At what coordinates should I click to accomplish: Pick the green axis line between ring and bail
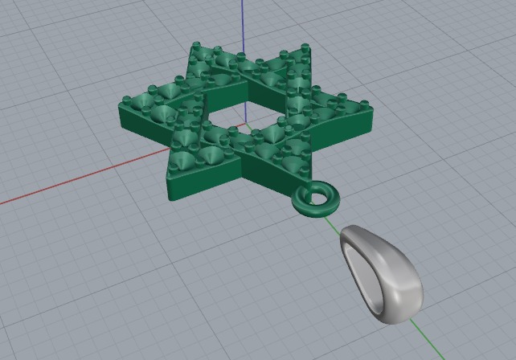pyautogui.click(x=332, y=219)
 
